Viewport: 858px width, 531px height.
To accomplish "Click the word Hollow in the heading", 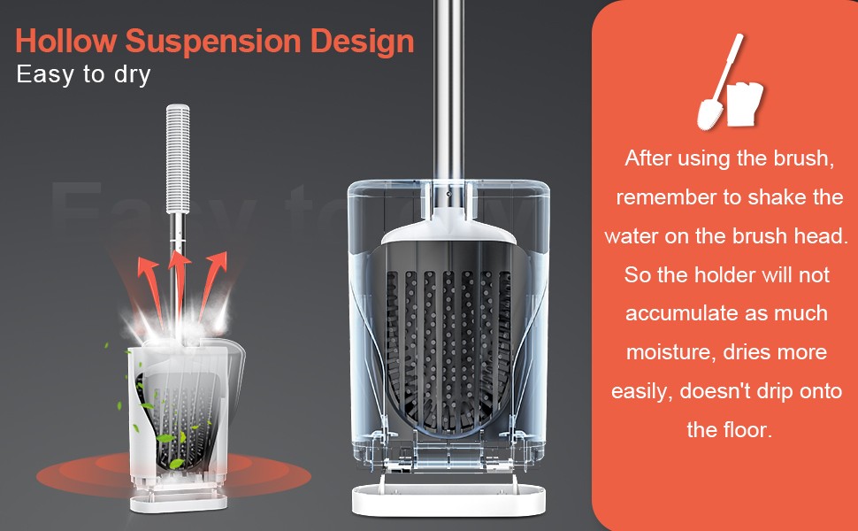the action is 66,41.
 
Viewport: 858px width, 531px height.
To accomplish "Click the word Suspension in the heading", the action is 213,41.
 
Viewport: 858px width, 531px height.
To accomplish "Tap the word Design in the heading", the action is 363,42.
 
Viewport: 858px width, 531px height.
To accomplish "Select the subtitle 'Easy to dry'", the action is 83,74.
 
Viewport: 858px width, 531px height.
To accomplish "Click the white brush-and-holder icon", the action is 730,82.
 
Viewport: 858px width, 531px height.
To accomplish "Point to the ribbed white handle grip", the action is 178,158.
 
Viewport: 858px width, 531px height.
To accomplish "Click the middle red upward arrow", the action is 179,285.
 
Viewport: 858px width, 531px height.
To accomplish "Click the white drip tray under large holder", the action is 448,499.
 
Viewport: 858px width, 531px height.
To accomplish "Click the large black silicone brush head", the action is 448,340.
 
